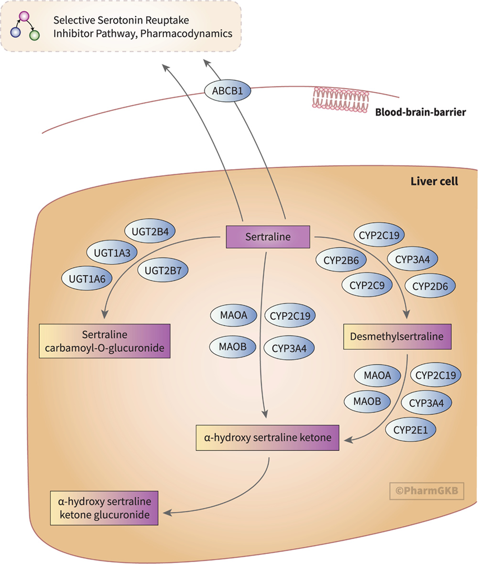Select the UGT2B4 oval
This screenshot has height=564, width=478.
150,231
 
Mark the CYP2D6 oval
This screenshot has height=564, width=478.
430,285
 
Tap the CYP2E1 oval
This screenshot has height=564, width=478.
411,429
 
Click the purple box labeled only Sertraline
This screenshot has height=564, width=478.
268,237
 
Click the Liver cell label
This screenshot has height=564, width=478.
434,182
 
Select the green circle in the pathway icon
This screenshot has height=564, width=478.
34,35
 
